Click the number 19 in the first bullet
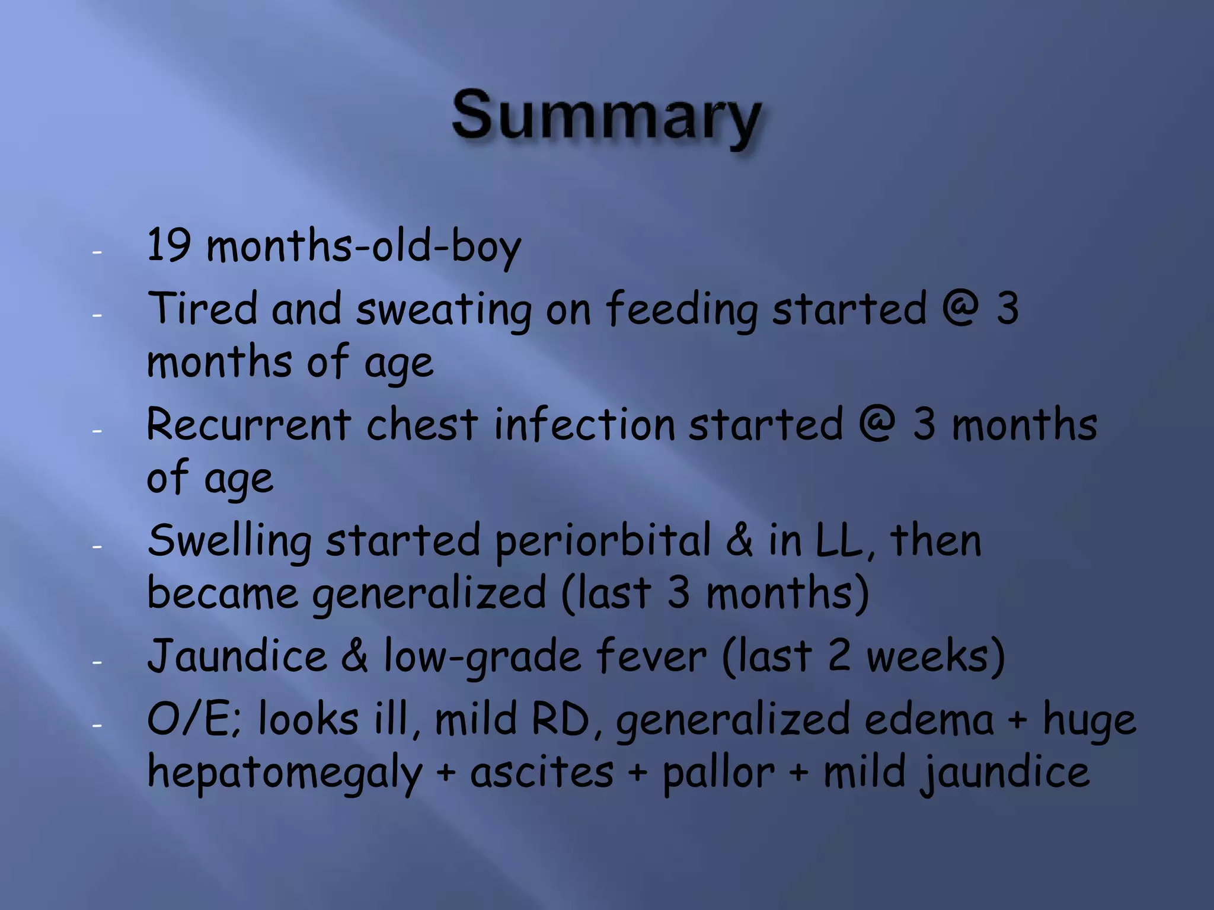click(168, 245)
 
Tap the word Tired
click(202, 308)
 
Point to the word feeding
click(682, 309)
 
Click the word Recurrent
click(249, 425)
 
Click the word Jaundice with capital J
click(237, 656)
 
